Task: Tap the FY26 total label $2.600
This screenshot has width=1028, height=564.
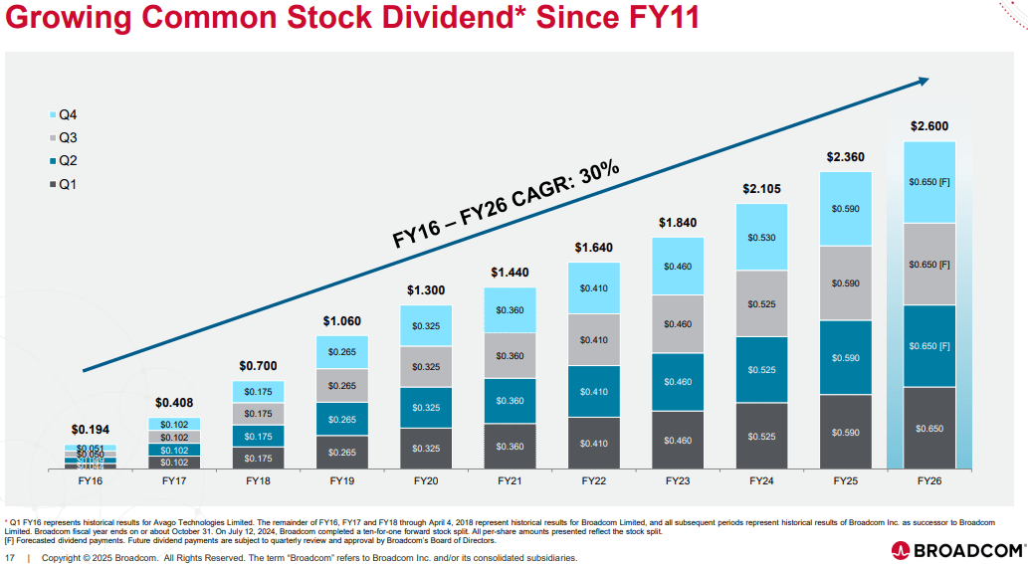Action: point(929,126)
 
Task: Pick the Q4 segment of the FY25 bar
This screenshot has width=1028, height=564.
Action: point(845,209)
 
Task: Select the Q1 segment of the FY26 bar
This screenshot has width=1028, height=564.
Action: point(929,428)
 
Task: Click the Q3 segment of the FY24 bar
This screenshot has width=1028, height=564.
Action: point(761,303)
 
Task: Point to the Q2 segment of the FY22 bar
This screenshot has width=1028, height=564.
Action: point(594,392)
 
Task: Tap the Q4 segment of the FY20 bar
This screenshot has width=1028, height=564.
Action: point(426,325)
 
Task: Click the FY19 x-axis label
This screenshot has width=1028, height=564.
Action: point(341,480)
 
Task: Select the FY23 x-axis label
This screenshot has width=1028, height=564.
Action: point(678,480)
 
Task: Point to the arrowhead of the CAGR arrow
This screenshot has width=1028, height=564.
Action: point(923,81)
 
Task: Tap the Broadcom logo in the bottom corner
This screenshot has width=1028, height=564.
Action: point(957,548)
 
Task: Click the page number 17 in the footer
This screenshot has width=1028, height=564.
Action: point(10,558)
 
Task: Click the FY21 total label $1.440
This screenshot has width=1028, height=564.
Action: point(510,273)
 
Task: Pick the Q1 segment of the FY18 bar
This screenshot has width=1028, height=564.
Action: point(258,458)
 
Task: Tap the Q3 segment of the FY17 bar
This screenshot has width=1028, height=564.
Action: point(174,437)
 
